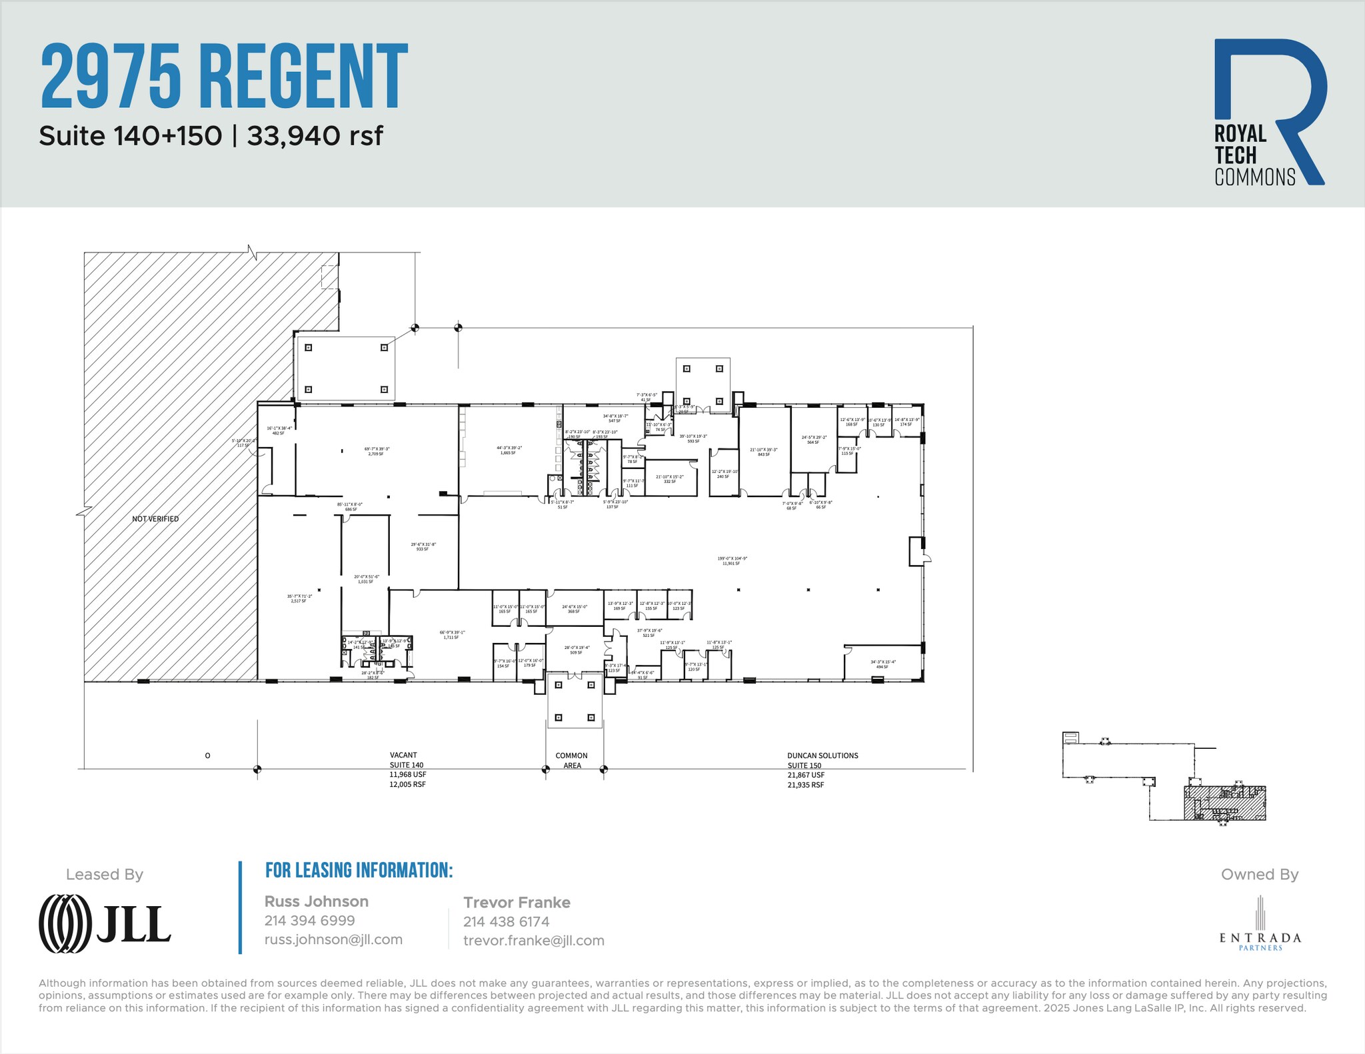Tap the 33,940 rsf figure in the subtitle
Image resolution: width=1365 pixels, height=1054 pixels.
tap(315, 136)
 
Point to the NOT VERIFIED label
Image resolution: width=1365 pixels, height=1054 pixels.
tap(155, 519)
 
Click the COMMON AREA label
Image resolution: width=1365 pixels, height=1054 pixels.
tap(572, 760)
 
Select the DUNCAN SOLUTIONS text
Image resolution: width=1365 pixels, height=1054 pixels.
tap(822, 756)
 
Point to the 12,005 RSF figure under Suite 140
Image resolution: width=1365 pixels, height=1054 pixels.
tap(407, 784)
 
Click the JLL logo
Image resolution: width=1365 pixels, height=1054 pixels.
tap(105, 923)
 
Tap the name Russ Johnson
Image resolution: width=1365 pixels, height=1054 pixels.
tap(317, 901)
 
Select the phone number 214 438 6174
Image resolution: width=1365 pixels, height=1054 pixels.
tap(507, 921)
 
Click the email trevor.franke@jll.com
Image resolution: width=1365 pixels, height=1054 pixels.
tap(534, 941)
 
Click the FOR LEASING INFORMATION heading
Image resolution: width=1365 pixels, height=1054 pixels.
tap(359, 870)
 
